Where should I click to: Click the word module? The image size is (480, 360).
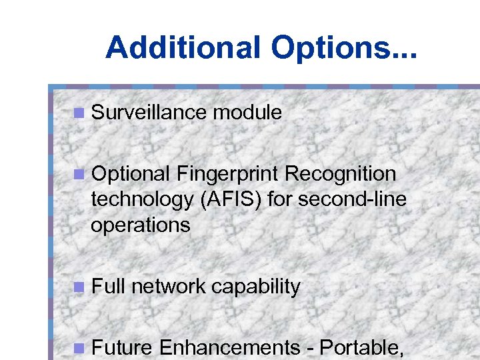(247, 113)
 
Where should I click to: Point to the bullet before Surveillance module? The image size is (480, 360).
(79, 113)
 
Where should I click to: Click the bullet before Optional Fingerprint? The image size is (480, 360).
(79, 175)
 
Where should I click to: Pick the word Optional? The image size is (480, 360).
(131, 174)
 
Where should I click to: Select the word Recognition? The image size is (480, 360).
(340, 174)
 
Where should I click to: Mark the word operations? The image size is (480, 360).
(141, 225)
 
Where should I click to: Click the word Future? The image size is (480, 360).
(123, 348)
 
